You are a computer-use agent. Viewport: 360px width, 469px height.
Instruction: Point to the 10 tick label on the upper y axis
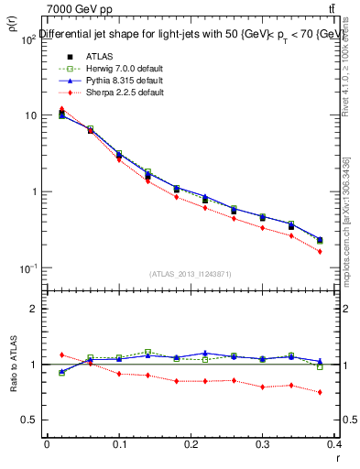pos(30,115)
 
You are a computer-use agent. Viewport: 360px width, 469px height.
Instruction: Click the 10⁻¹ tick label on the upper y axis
pos(28,267)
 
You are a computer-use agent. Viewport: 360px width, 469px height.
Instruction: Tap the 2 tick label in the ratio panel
pos(35,309)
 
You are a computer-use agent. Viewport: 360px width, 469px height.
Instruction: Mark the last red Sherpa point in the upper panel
pos(320,251)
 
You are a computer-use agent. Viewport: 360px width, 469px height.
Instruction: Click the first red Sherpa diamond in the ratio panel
pos(61,354)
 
